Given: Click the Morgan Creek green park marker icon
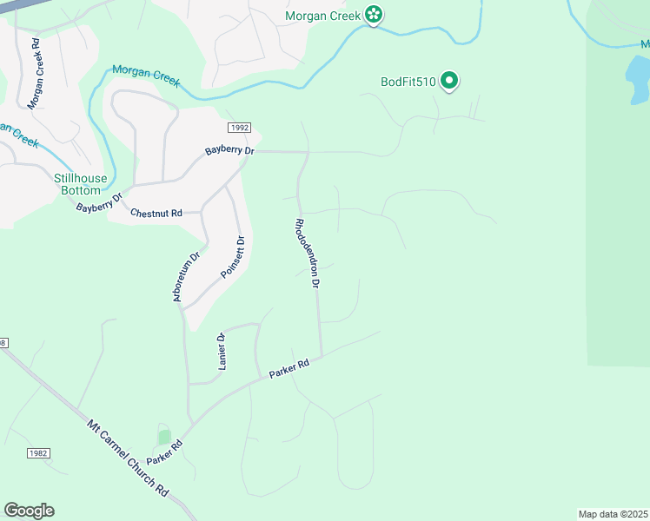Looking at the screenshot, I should [374, 15].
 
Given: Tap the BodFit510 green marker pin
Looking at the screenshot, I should [449, 82].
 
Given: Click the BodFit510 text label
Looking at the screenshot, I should [408, 82].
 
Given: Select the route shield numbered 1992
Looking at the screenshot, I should [240, 128].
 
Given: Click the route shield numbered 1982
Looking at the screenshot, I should [37, 453].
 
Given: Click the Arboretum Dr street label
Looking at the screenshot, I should [185, 277].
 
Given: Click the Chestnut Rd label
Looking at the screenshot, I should [156, 213].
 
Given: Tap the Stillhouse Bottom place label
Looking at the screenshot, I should [81, 184].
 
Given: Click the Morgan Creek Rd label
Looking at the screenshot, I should [34, 73].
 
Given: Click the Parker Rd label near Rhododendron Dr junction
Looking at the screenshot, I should [289, 368].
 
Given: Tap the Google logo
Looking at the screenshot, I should [29, 511].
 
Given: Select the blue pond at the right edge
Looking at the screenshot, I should [638, 80].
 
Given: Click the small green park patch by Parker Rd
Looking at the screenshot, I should [163, 437].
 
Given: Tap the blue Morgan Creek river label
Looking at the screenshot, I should [145, 76].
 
